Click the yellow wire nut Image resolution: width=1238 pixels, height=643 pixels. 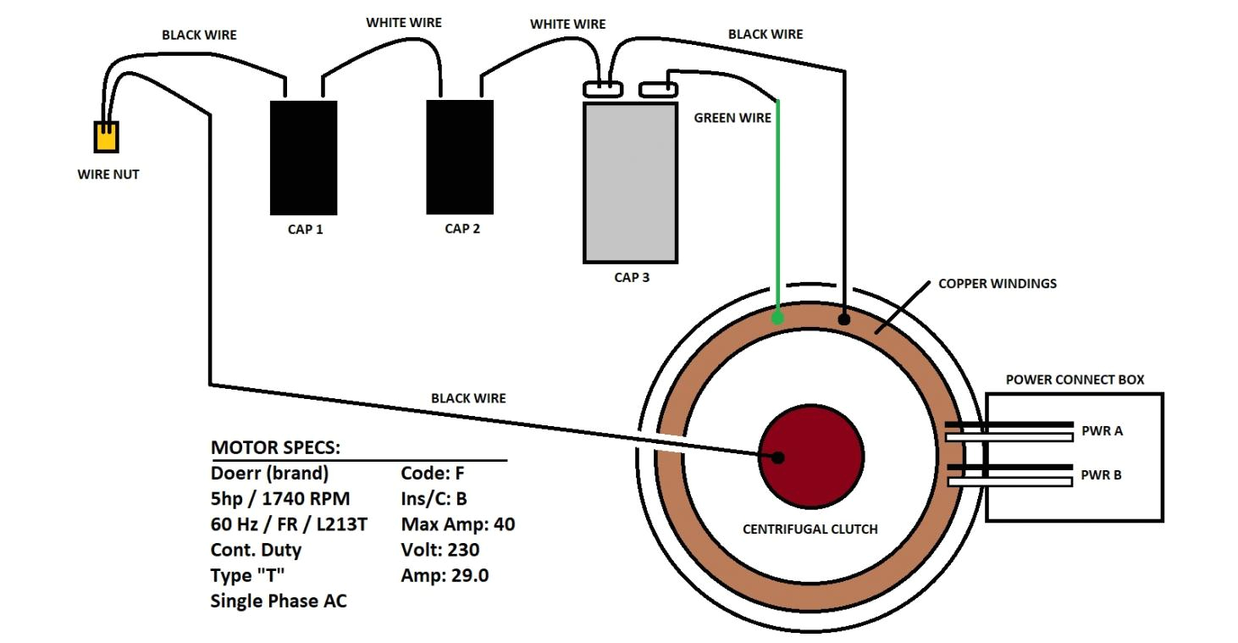(x=106, y=137)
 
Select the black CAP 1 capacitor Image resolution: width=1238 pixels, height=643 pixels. (x=303, y=158)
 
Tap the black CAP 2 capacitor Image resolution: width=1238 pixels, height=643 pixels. (x=460, y=157)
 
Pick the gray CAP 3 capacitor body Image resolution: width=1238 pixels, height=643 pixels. (x=630, y=182)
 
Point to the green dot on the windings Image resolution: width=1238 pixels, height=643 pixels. (x=777, y=319)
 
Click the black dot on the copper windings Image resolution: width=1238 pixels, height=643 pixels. (x=843, y=319)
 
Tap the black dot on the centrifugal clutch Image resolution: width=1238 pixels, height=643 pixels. (x=778, y=457)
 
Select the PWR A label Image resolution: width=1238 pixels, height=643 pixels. (x=1101, y=430)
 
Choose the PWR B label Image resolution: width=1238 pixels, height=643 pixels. (x=1101, y=475)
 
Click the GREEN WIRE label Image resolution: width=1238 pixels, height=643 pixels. (x=732, y=118)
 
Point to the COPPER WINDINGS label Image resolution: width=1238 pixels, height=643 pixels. (x=997, y=284)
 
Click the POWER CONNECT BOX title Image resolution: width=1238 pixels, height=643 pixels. (x=1074, y=380)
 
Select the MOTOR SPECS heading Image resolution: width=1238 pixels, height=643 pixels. (x=275, y=447)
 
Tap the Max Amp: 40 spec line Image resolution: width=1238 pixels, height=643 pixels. (x=457, y=524)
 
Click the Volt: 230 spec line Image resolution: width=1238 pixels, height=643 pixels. (x=439, y=550)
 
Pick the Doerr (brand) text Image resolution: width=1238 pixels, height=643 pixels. (x=269, y=473)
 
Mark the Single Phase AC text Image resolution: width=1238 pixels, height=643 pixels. (x=279, y=601)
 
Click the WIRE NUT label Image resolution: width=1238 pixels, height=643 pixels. (x=108, y=175)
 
